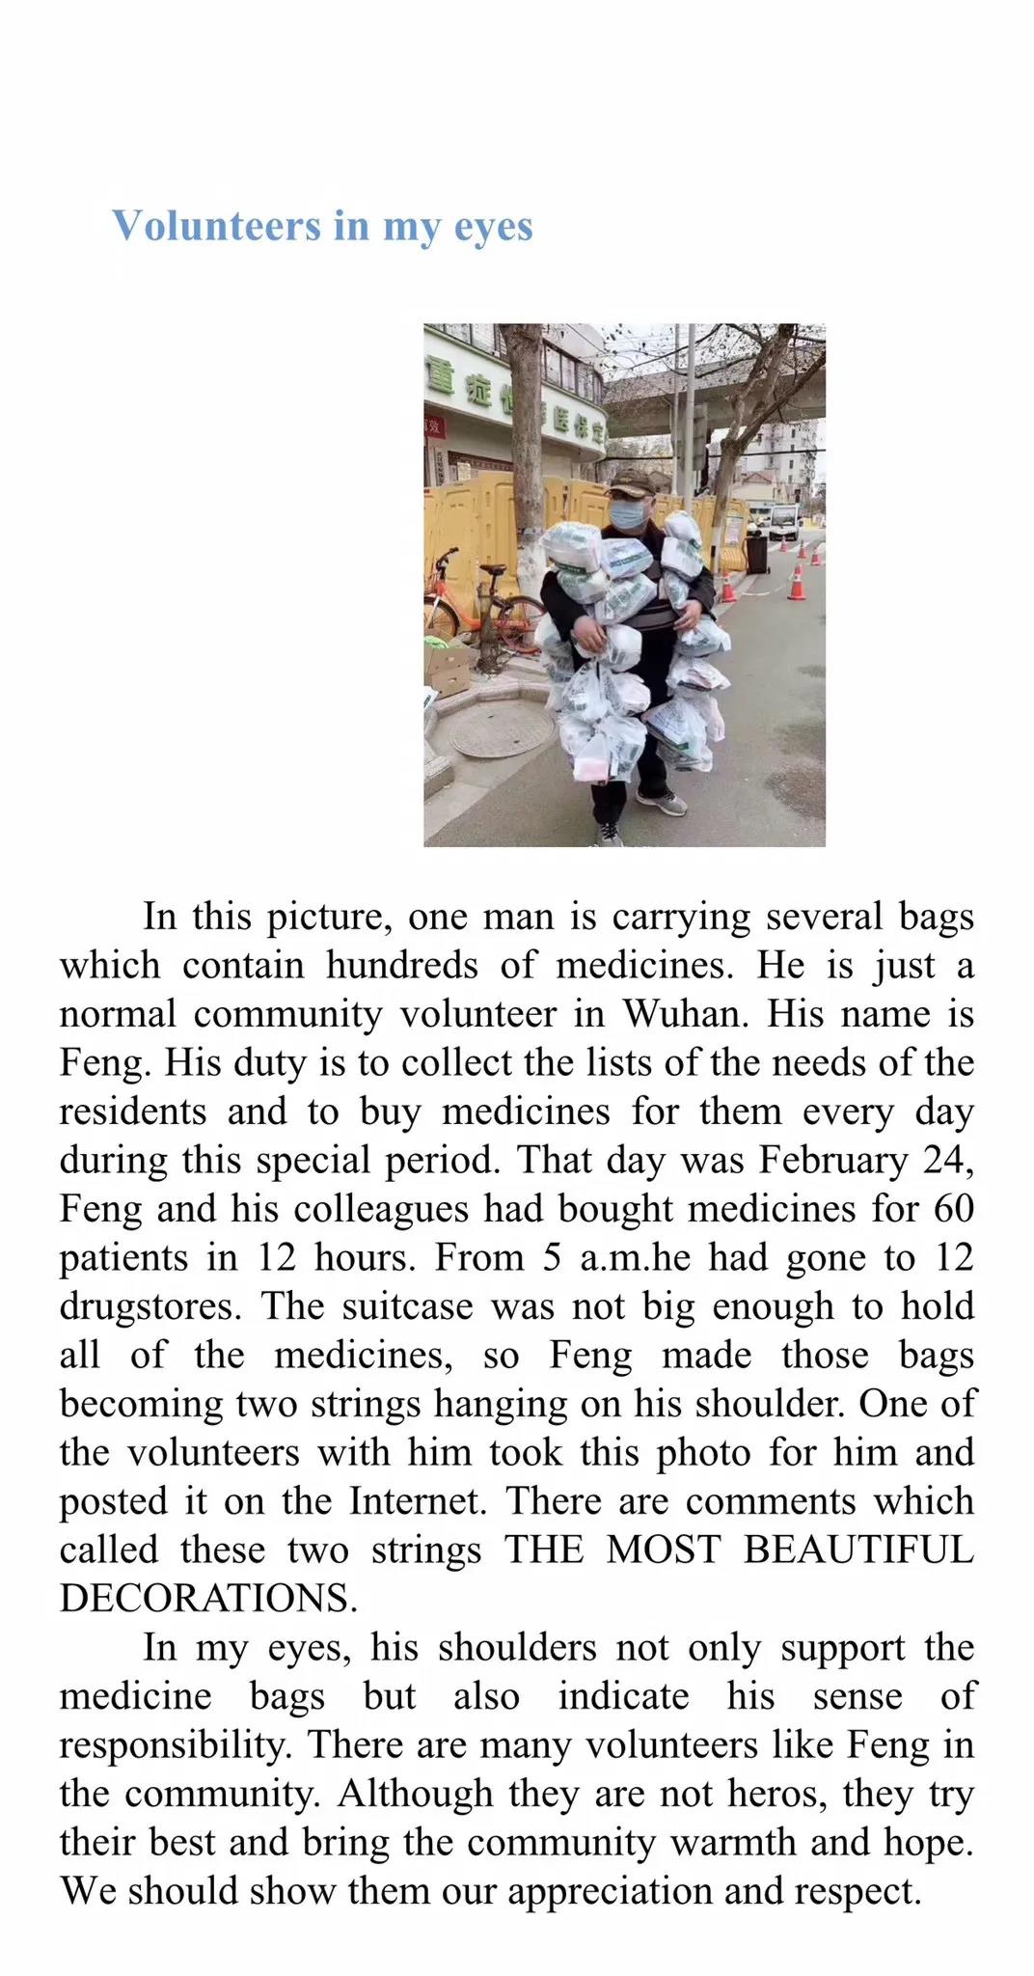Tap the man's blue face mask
[x=629, y=513]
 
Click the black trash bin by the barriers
[x=756, y=553]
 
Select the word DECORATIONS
[x=207, y=1599]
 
